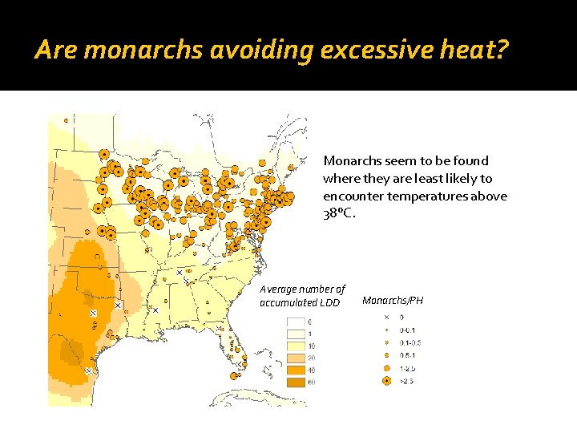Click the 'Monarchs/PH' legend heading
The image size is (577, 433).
pyautogui.click(x=393, y=301)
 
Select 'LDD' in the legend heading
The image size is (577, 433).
pyautogui.click(x=330, y=302)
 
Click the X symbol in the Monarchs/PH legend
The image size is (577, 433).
pyautogui.click(x=385, y=318)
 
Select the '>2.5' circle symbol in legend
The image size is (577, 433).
pyautogui.click(x=385, y=381)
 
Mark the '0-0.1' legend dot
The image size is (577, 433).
pyautogui.click(x=385, y=330)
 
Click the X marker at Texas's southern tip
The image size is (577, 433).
pyautogui.click(x=89, y=371)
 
